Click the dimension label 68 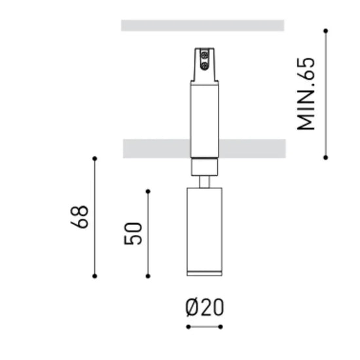coord(79,217)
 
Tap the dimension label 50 coord(133,234)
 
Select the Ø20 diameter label coord(204,307)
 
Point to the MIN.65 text coord(306,94)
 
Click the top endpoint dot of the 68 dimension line coord(95,158)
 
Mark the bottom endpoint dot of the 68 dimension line coord(95,276)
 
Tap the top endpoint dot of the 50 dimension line coord(148,191)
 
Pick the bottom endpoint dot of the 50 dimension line coord(148,276)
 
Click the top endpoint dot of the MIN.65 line coord(325,31)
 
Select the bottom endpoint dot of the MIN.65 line coord(325,158)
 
